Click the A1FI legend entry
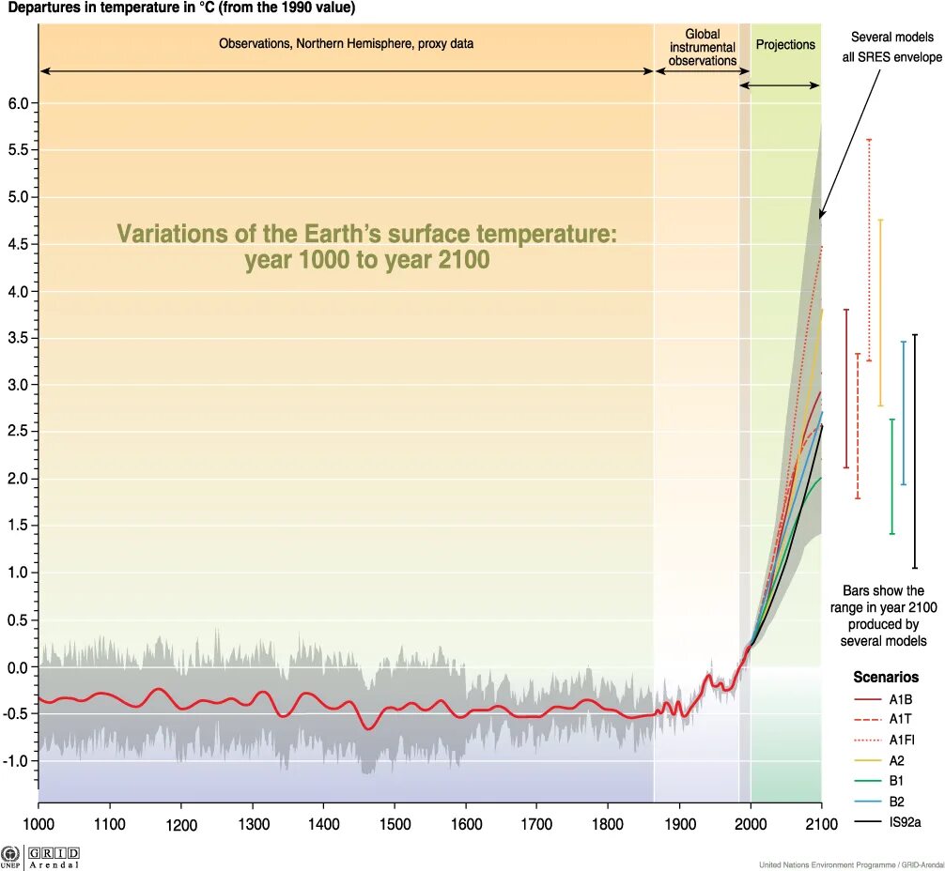[x=902, y=740]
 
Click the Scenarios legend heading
[x=886, y=677]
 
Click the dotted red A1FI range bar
[x=869, y=250]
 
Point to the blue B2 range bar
[x=904, y=413]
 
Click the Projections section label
[x=785, y=44]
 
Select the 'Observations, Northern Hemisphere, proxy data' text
[x=346, y=43]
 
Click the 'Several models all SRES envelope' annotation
[x=891, y=47]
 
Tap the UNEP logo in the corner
[x=11, y=857]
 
